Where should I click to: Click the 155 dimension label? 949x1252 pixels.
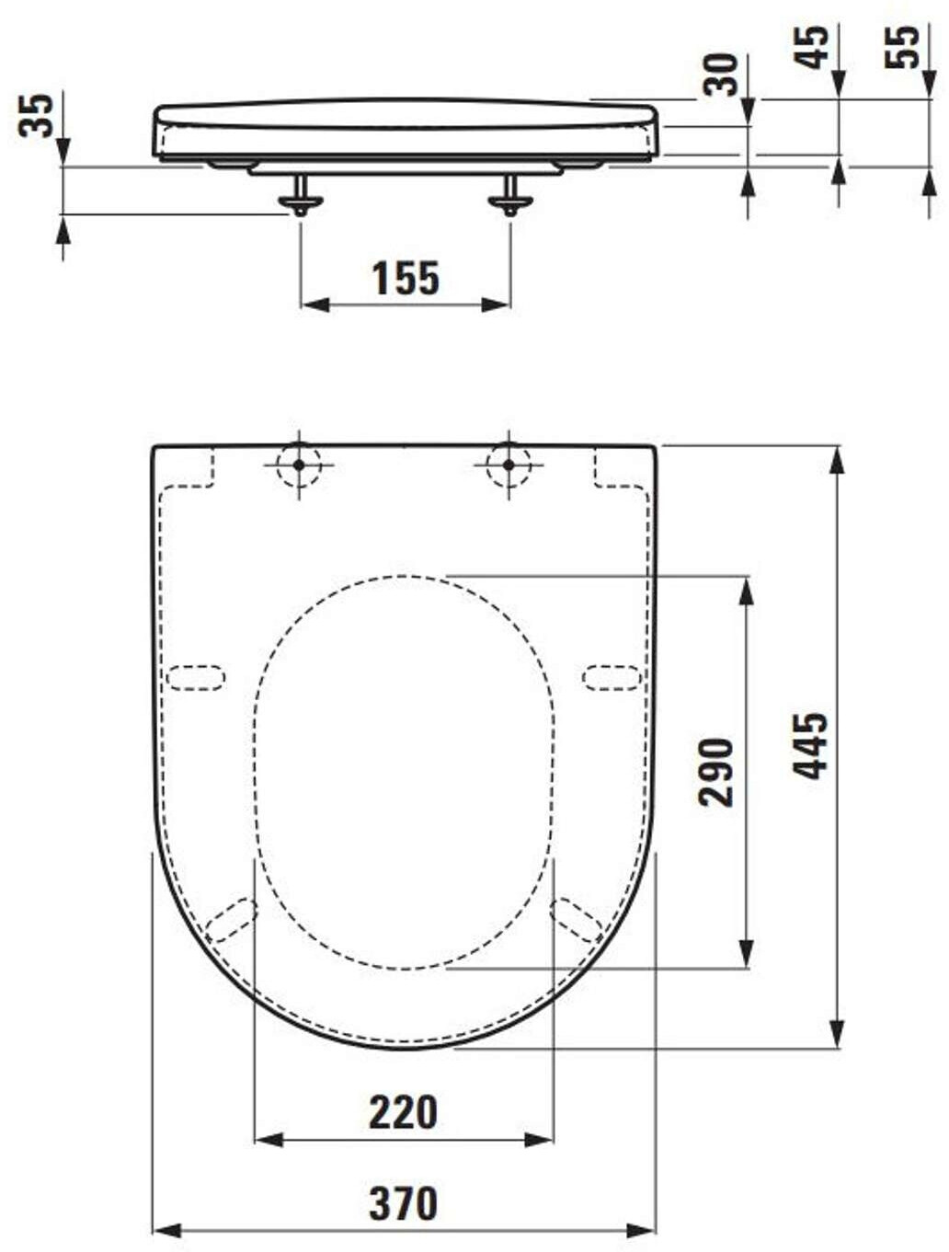click(406, 279)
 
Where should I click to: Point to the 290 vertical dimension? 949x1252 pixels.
click(715, 773)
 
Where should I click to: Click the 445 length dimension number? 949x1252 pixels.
click(810, 746)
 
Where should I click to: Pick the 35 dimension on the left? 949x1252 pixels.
click(35, 116)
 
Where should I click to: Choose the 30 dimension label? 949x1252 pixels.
click(721, 75)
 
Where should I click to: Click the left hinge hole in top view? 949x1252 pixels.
click(299, 465)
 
